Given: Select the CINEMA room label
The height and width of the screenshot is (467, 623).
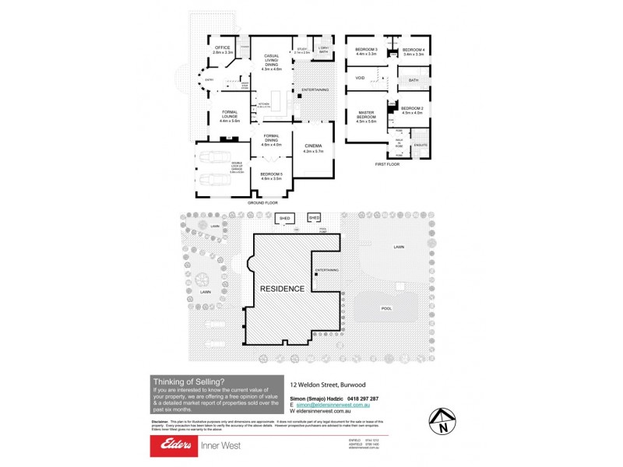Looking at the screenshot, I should pos(313,146).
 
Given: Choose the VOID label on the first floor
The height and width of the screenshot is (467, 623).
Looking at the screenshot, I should pos(360,78).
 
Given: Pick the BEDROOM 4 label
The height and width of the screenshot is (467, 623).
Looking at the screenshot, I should pos(413,51).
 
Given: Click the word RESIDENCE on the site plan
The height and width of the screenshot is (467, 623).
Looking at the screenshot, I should pos(282,288).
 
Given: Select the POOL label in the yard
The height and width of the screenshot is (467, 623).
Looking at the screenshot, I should pos(386,308).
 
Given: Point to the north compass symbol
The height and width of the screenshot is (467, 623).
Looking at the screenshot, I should pos(442,421).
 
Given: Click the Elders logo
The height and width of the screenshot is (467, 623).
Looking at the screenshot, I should pos(180,445).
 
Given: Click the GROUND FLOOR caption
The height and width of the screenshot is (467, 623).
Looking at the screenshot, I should pos(262,202).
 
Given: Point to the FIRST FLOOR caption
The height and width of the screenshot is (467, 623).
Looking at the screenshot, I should pos(387,164).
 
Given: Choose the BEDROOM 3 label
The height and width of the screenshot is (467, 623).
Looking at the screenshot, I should pos(366,51).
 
